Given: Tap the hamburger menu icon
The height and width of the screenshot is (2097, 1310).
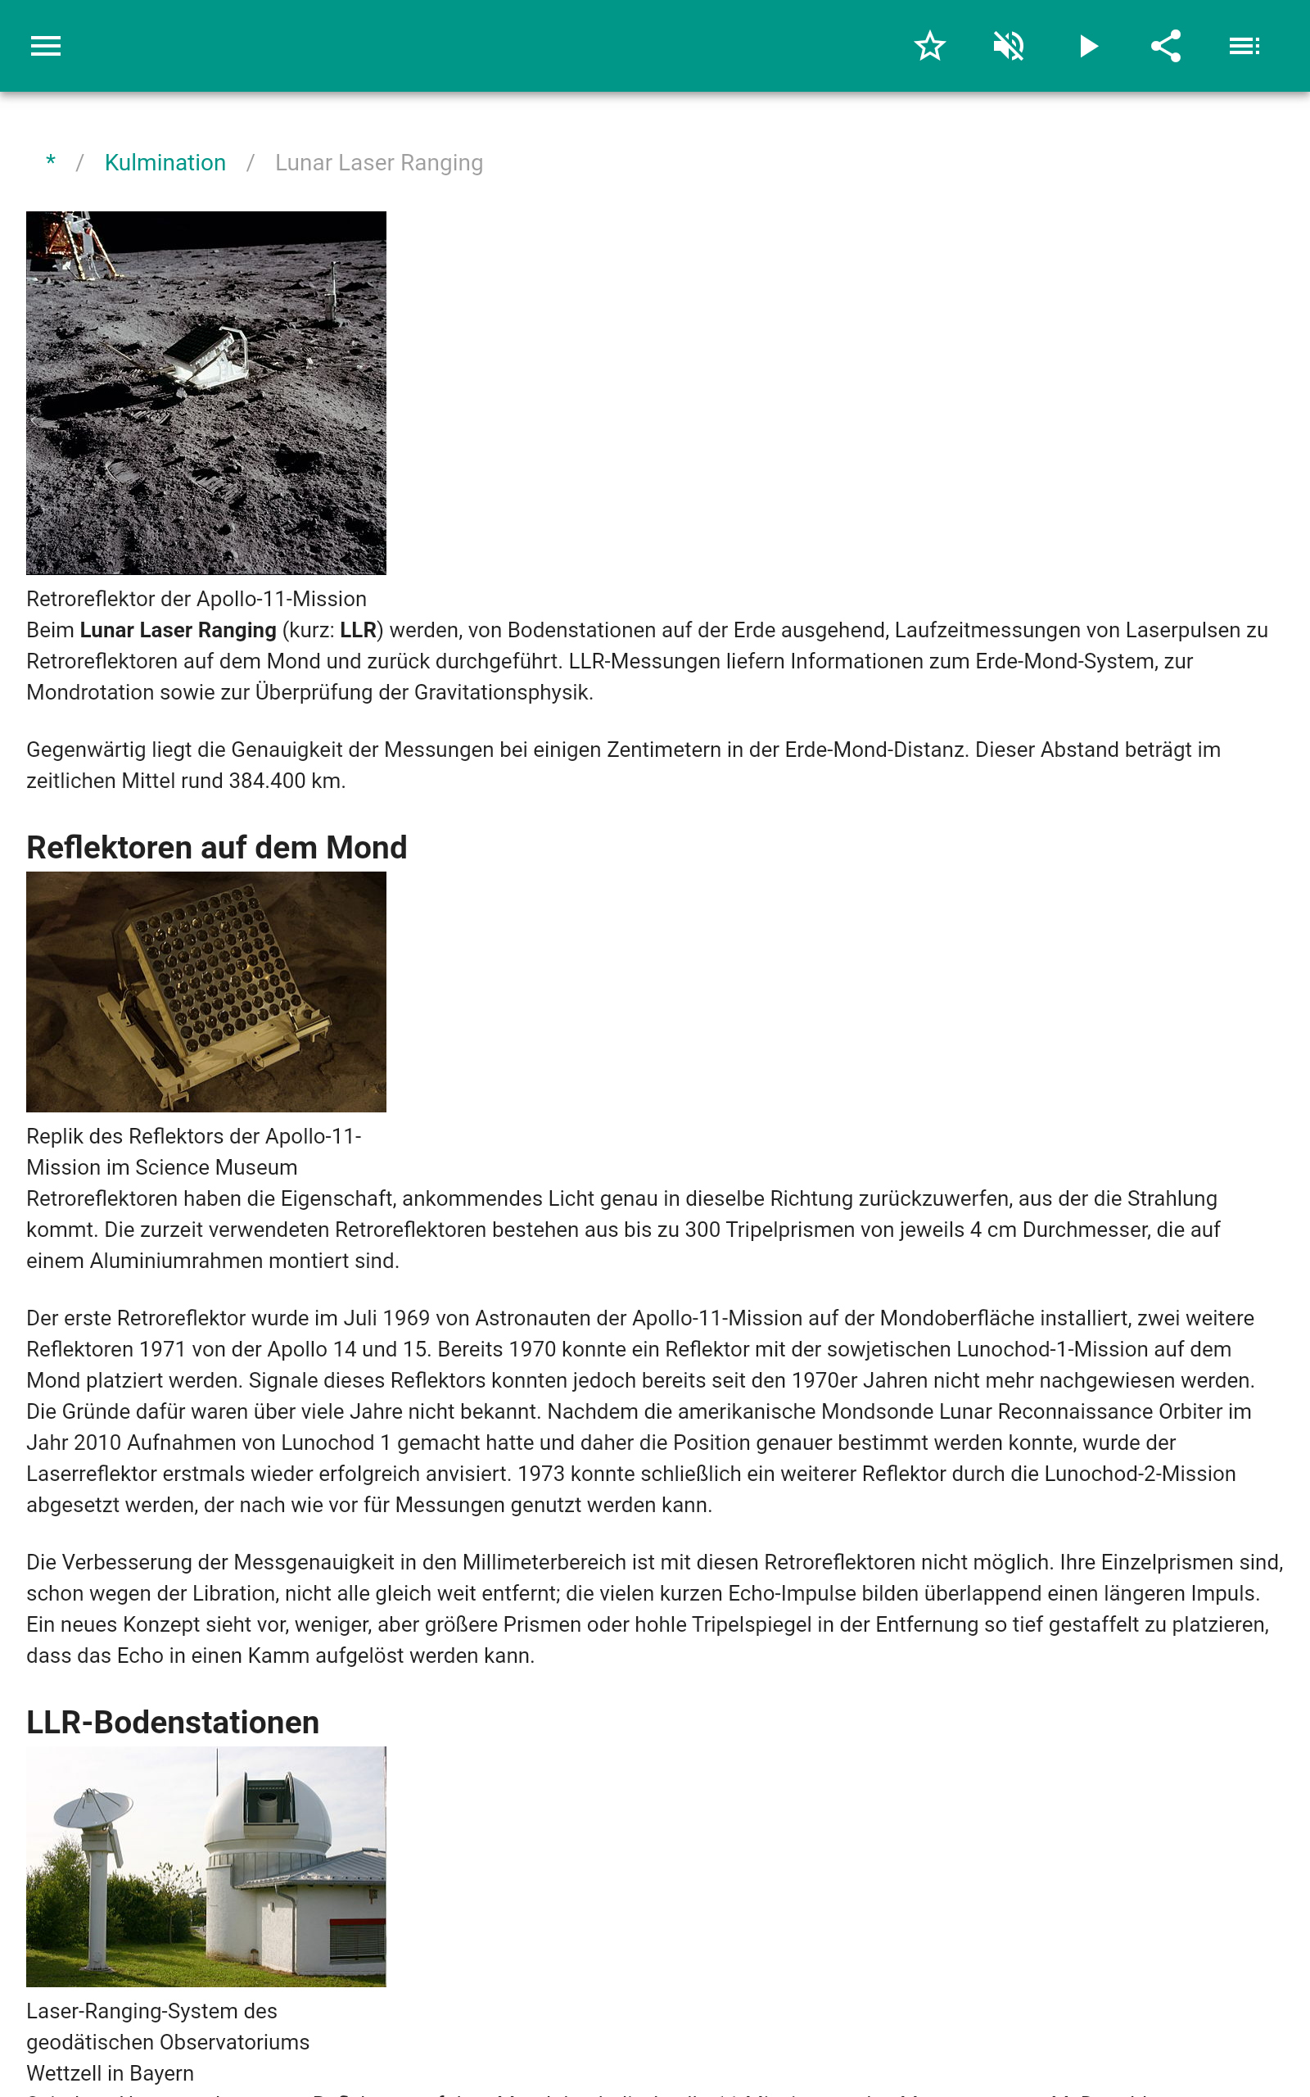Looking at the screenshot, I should click(46, 46).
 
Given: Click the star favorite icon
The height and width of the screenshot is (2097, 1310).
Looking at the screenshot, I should click(929, 46).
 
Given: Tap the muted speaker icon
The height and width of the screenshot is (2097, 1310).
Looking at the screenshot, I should click(1009, 46).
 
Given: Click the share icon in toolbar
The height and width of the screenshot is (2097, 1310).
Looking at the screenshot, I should click(1166, 46).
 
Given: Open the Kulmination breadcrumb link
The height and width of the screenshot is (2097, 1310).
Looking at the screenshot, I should click(165, 163).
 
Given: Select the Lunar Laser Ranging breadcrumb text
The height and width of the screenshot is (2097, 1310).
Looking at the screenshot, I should click(378, 163).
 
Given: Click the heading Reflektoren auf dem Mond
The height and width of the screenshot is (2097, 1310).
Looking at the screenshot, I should click(217, 848).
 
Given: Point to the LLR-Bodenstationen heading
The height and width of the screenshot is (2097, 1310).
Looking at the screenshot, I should click(173, 1722).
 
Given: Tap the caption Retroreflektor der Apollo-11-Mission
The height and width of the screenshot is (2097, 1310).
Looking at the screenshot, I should click(196, 599).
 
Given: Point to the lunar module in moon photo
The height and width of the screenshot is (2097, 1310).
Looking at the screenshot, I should click(74, 243).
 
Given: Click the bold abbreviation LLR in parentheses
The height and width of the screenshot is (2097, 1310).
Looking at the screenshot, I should click(358, 630).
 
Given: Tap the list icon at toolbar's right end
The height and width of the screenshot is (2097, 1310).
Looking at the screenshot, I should click(1245, 46).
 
